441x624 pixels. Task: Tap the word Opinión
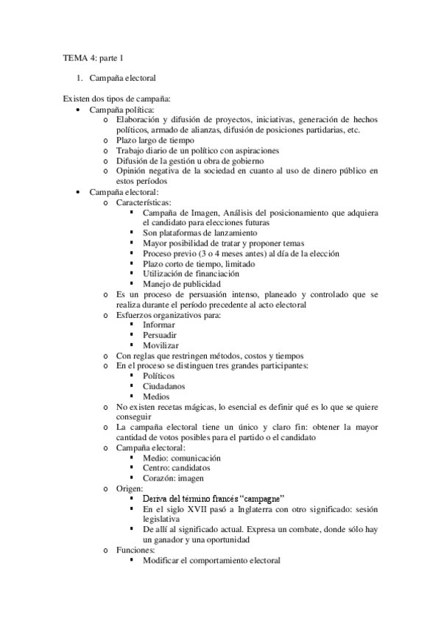point(131,171)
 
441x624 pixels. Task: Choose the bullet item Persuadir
point(160,335)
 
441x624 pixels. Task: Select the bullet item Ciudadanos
point(163,386)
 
